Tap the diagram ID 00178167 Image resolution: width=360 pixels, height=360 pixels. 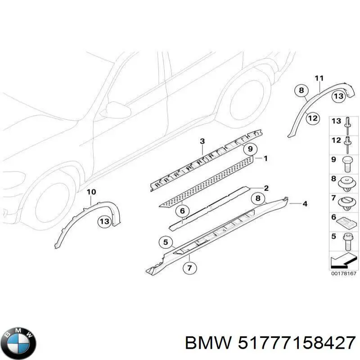click(344, 273)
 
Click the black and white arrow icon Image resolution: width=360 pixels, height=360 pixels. click(344, 261)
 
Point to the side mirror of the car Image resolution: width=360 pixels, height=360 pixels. click(115, 111)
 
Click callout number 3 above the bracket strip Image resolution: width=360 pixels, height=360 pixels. click(202, 142)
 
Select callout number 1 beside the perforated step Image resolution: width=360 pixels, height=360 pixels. click(265, 158)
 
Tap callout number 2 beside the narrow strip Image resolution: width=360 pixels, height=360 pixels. click(266, 188)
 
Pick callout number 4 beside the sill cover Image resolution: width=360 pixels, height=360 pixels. click(305, 204)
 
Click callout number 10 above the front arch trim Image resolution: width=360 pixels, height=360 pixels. click(91, 192)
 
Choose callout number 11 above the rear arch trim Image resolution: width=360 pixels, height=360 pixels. click(319, 79)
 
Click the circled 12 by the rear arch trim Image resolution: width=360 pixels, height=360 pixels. click(312, 119)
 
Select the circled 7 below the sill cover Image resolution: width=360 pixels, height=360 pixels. click(189, 268)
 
